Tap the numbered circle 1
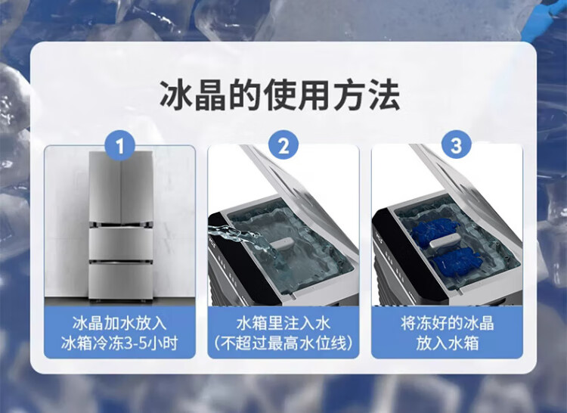tap(119, 146)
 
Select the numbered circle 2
tap(283, 145)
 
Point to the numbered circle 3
tap(456, 145)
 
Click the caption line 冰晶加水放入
tap(119, 323)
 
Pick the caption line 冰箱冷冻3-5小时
tap(119, 343)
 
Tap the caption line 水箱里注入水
tap(283, 323)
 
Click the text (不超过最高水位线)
tap(283, 343)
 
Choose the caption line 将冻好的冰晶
tap(448, 323)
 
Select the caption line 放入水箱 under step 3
tap(448, 343)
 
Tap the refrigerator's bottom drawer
tap(121, 281)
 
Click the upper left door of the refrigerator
tap(105, 187)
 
